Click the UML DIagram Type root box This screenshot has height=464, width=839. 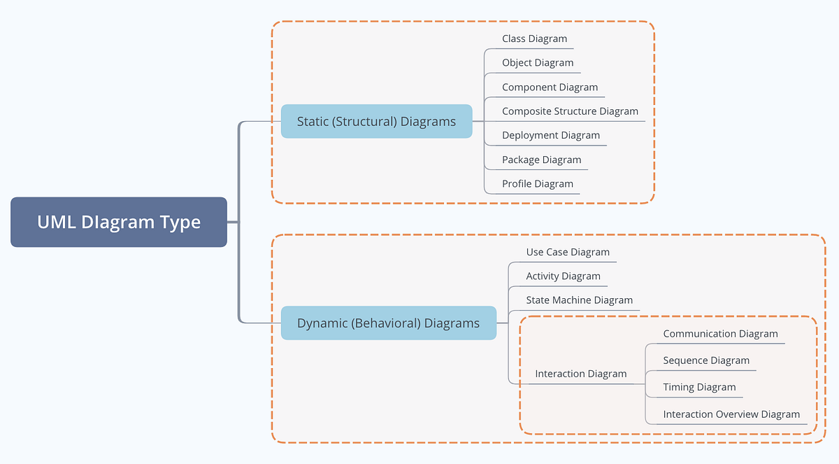click(x=119, y=223)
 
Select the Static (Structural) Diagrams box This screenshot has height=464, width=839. click(x=376, y=121)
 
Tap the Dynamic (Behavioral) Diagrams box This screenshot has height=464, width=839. click(x=388, y=323)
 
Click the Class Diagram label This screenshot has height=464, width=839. click(x=534, y=38)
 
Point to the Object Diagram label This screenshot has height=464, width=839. click(x=537, y=62)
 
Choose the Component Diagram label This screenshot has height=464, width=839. click(x=550, y=87)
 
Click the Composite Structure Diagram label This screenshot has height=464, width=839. click(x=570, y=111)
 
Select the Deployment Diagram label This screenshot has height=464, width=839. click(x=550, y=135)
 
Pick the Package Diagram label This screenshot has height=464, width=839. click(x=541, y=160)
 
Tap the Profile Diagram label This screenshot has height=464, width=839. click(x=537, y=183)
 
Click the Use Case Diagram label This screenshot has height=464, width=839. click(x=568, y=252)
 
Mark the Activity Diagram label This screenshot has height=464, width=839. click(x=563, y=276)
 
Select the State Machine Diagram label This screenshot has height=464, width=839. click(x=579, y=300)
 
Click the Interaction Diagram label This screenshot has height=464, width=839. click(x=580, y=374)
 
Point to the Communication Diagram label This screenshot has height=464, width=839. click(x=720, y=334)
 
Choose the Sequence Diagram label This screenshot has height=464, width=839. click(x=706, y=360)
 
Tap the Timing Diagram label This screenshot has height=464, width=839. click(x=699, y=387)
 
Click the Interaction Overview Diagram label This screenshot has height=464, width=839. click(x=731, y=414)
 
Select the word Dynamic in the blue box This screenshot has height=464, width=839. click(x=322, y=323)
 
